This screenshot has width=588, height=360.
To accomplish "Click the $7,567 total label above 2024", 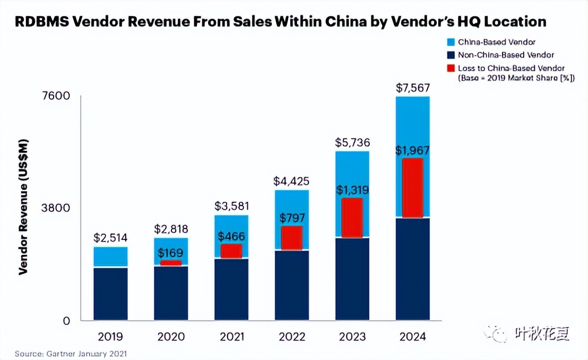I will coord(413,88).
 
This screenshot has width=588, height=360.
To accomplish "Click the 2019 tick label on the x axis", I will coord(110,337).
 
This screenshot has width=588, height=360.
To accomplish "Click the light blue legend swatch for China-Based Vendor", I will coord(451,42).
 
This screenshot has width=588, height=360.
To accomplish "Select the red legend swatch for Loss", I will coord(451,68).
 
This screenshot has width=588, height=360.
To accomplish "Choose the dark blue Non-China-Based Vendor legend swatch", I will coord(451,55).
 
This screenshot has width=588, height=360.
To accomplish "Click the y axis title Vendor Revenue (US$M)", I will coord(23,207).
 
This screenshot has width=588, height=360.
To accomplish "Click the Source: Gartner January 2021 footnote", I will coord(71,353).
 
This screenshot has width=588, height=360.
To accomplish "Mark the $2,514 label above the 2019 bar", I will coord(110,238).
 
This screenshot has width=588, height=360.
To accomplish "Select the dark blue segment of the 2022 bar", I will coord(292,285).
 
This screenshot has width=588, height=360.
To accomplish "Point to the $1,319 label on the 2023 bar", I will coord(352,190).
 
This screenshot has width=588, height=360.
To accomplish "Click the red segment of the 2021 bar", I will coord(231,251).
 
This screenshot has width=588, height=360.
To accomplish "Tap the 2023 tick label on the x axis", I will coord(352,337).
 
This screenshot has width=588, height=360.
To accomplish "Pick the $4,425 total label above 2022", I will coord(291,181).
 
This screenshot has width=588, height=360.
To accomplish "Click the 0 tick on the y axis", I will coord(66,321).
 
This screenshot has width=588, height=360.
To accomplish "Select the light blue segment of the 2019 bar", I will coord(110,256).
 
